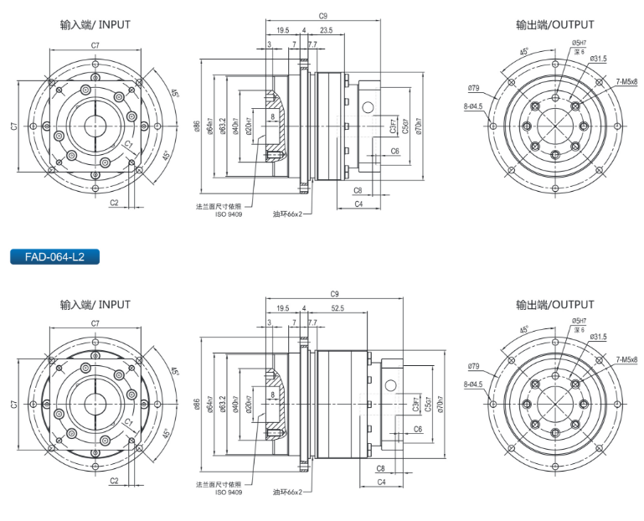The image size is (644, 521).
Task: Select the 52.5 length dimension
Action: tap(337, 308)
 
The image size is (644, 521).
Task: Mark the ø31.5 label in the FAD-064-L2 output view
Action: tap(598, 337)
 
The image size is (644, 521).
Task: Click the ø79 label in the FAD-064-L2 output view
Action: tap(473, 366)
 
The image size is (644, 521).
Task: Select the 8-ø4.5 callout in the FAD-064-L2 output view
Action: tap(473, 384)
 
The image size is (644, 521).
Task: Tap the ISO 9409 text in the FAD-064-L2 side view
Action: tap(227, 492)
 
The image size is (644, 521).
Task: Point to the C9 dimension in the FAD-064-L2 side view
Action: tap(334, 293)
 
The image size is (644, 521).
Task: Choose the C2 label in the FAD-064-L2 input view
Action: tap(114, 481)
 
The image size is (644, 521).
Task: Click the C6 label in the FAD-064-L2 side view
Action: tap(417, 428)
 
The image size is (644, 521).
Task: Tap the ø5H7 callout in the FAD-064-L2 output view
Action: tap(579, 321)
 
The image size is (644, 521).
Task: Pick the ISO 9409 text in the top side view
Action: tap(227, 213)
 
